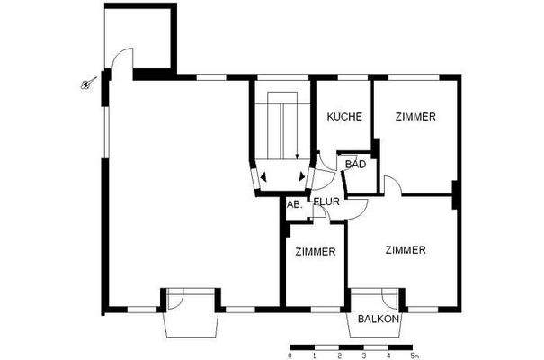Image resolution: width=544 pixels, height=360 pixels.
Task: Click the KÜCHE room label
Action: [345, 117]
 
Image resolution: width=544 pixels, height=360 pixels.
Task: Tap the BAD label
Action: [356, 164]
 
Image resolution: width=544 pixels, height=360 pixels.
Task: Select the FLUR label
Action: [326, 202]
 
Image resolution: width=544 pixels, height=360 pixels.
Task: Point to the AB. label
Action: [293, 205]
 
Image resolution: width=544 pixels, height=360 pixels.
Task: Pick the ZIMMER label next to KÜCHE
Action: [416, 117]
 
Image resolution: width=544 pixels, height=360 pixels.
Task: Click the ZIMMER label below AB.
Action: [316, 251]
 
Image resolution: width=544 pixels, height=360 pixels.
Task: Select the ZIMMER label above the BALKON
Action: [405, 250]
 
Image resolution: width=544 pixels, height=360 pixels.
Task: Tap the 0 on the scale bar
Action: [290, 356]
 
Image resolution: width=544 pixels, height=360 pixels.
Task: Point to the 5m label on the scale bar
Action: [415, 356]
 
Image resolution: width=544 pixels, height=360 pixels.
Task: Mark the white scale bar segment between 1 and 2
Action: [327, 346]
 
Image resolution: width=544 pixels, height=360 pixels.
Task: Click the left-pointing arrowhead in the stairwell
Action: [263, 177]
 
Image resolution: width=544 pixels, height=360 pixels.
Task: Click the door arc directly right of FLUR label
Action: [358, 209]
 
